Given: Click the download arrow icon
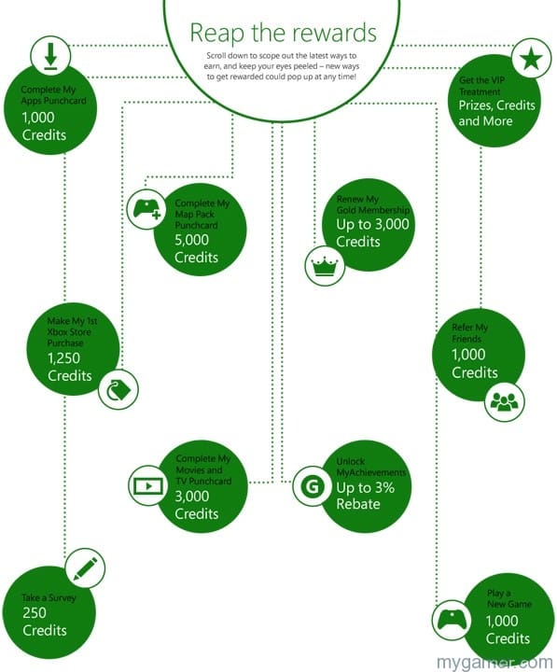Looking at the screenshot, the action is point(50,56).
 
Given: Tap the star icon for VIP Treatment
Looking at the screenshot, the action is point(531,58).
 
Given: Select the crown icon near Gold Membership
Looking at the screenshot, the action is point(325,266).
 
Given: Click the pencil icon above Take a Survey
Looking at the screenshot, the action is point(85,568).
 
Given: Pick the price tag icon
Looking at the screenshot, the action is point(118,389).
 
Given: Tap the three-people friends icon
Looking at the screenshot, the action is point(505,402).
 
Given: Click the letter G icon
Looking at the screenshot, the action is point(313,486).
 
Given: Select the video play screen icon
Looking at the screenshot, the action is point(148,485).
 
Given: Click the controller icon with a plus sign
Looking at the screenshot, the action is point(147,209).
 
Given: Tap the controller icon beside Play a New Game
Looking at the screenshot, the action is point(452,620).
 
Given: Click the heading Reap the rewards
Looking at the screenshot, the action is point(284,33).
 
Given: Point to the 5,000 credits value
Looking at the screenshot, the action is point(191,240).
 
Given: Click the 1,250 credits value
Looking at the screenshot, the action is point(63,358).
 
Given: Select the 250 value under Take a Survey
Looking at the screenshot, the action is point(35,613).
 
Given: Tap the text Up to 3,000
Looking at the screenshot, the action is point(372,224).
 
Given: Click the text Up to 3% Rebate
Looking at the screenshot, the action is point(365,496).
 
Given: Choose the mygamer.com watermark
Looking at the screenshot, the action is point(494,662).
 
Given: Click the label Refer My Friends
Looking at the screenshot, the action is point(469,333).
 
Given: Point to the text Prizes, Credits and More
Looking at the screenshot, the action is point(497,113).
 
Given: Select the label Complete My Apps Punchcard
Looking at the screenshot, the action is point(53,95).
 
